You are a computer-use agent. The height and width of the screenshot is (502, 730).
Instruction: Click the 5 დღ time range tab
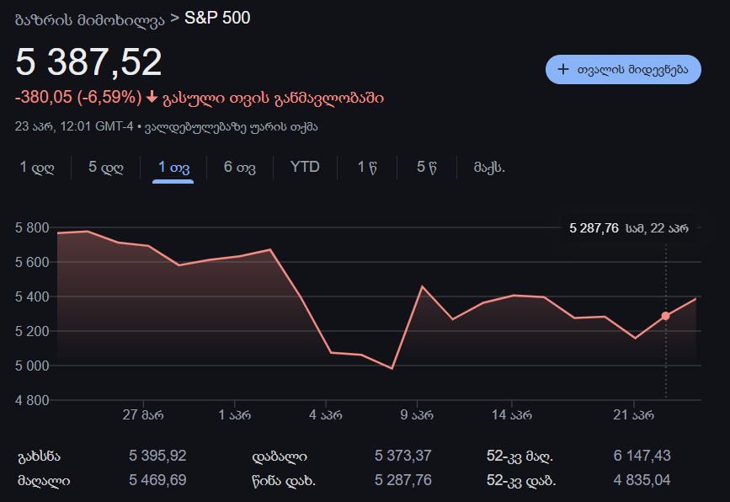106,167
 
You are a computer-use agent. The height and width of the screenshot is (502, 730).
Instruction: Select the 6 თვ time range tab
240,167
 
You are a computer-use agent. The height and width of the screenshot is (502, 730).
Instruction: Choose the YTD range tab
305,167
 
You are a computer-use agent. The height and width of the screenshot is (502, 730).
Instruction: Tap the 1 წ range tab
366,167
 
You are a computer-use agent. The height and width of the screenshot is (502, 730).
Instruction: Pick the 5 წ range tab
426,167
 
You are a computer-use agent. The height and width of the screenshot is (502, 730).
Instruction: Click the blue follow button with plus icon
623,69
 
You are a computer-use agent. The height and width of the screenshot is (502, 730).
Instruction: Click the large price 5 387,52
88,62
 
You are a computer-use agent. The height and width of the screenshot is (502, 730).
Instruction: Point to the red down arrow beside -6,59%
152,98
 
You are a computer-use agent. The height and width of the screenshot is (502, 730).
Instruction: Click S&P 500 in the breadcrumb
217,18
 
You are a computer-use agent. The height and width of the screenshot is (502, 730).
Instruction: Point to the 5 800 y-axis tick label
32,227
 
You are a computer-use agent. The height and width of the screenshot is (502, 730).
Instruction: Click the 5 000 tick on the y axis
32,366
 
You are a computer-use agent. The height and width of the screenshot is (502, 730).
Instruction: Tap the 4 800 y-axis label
32,400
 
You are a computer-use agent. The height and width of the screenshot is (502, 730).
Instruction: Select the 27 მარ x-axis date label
143,414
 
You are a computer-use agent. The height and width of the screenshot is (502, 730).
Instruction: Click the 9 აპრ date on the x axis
417,414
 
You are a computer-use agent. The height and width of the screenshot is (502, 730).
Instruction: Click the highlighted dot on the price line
665,316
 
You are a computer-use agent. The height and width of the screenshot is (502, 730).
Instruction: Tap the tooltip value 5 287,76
594,227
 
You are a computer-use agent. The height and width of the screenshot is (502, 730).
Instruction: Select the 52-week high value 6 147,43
642,456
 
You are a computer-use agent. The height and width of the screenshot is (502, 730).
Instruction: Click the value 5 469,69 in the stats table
157,481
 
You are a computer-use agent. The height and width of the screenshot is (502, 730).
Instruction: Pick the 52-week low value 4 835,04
642,481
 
